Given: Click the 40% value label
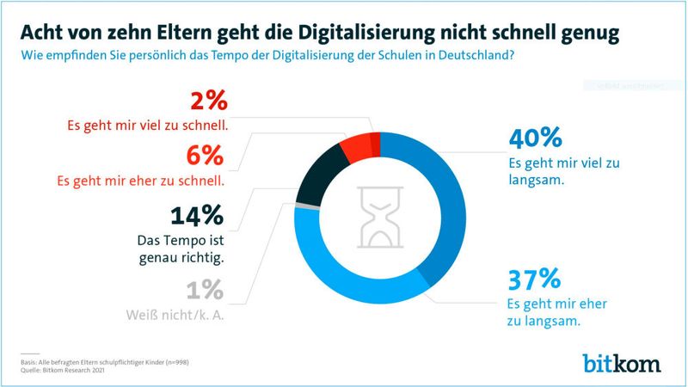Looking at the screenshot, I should coord(536,138).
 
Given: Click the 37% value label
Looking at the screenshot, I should coord(535,279).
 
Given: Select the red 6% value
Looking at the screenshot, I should coord(206,157).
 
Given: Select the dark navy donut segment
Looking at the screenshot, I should coord(320,172).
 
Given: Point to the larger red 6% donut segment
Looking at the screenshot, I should coord(354,146).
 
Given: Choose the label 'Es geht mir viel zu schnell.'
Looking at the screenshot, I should coord(147,126).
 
